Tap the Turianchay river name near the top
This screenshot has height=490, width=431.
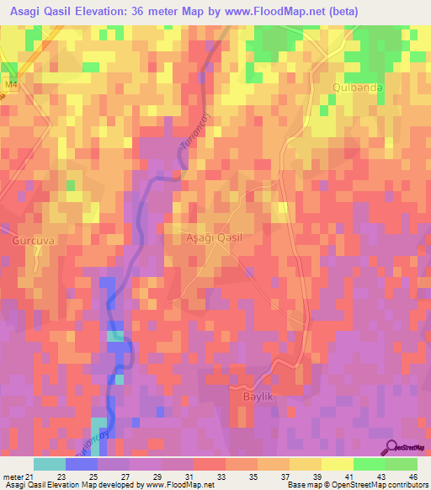click(x=193, y=133)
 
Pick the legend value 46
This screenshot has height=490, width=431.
click(x=412, y=477)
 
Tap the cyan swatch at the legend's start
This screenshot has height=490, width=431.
click(x=50, y=464)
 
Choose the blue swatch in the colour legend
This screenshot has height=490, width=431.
click(x=82, y=464)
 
